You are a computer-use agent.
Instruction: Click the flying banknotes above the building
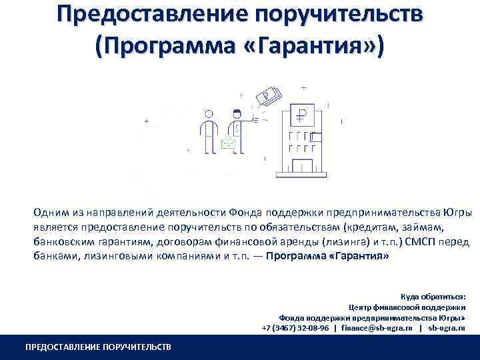(271, 97)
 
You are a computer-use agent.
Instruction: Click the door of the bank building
(303, 166)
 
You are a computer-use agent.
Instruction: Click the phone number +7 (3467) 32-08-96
(295, 328)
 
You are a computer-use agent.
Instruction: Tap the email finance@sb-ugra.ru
(377, 328)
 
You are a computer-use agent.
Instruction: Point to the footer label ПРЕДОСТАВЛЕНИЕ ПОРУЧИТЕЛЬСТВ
(97, 347)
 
